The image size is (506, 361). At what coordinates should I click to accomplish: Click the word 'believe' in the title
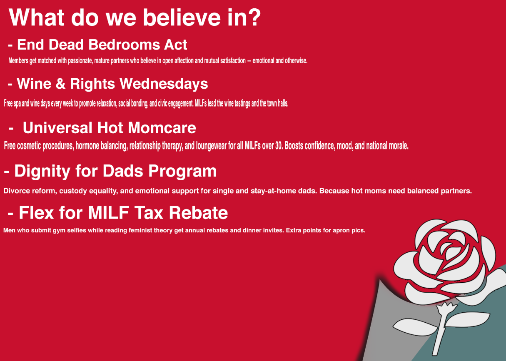pyautogui.click(x=182, y=17)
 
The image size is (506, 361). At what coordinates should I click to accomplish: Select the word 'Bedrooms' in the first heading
pyautogui.click(x=124, y=45)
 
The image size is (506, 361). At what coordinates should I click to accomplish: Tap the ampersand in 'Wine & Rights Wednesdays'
pyautogui.click(x=60, y=84)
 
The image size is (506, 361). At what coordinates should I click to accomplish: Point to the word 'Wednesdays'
pyautogui.click(x=164, y=84)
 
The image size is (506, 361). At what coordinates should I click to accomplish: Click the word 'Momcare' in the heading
pyautogui.click(x=162, y=128)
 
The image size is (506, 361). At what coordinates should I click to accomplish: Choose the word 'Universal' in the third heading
pyautogui.click(x=57, y=128)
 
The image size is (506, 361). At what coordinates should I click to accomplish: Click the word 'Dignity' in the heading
pyautogui.click(x=42, y=172)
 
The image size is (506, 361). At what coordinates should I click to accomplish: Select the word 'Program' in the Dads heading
pyautogui.click(x=182, y=172)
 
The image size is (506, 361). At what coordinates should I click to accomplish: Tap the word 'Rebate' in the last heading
pyautogui.click(x=198, y=213)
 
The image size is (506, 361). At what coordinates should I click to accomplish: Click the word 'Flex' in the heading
pyautogui.click(x=36, y=213)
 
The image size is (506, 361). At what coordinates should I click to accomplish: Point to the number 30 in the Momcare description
pyautogui.click(x=279, y=146)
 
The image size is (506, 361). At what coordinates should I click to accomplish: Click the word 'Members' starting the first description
pyautogui.click(x=18, y=60)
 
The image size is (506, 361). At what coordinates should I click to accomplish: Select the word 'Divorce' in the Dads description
pyautogui.click(x=17, y=191)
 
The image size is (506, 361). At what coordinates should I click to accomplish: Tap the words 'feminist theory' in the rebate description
pyautogui.click(x=150, y=231)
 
